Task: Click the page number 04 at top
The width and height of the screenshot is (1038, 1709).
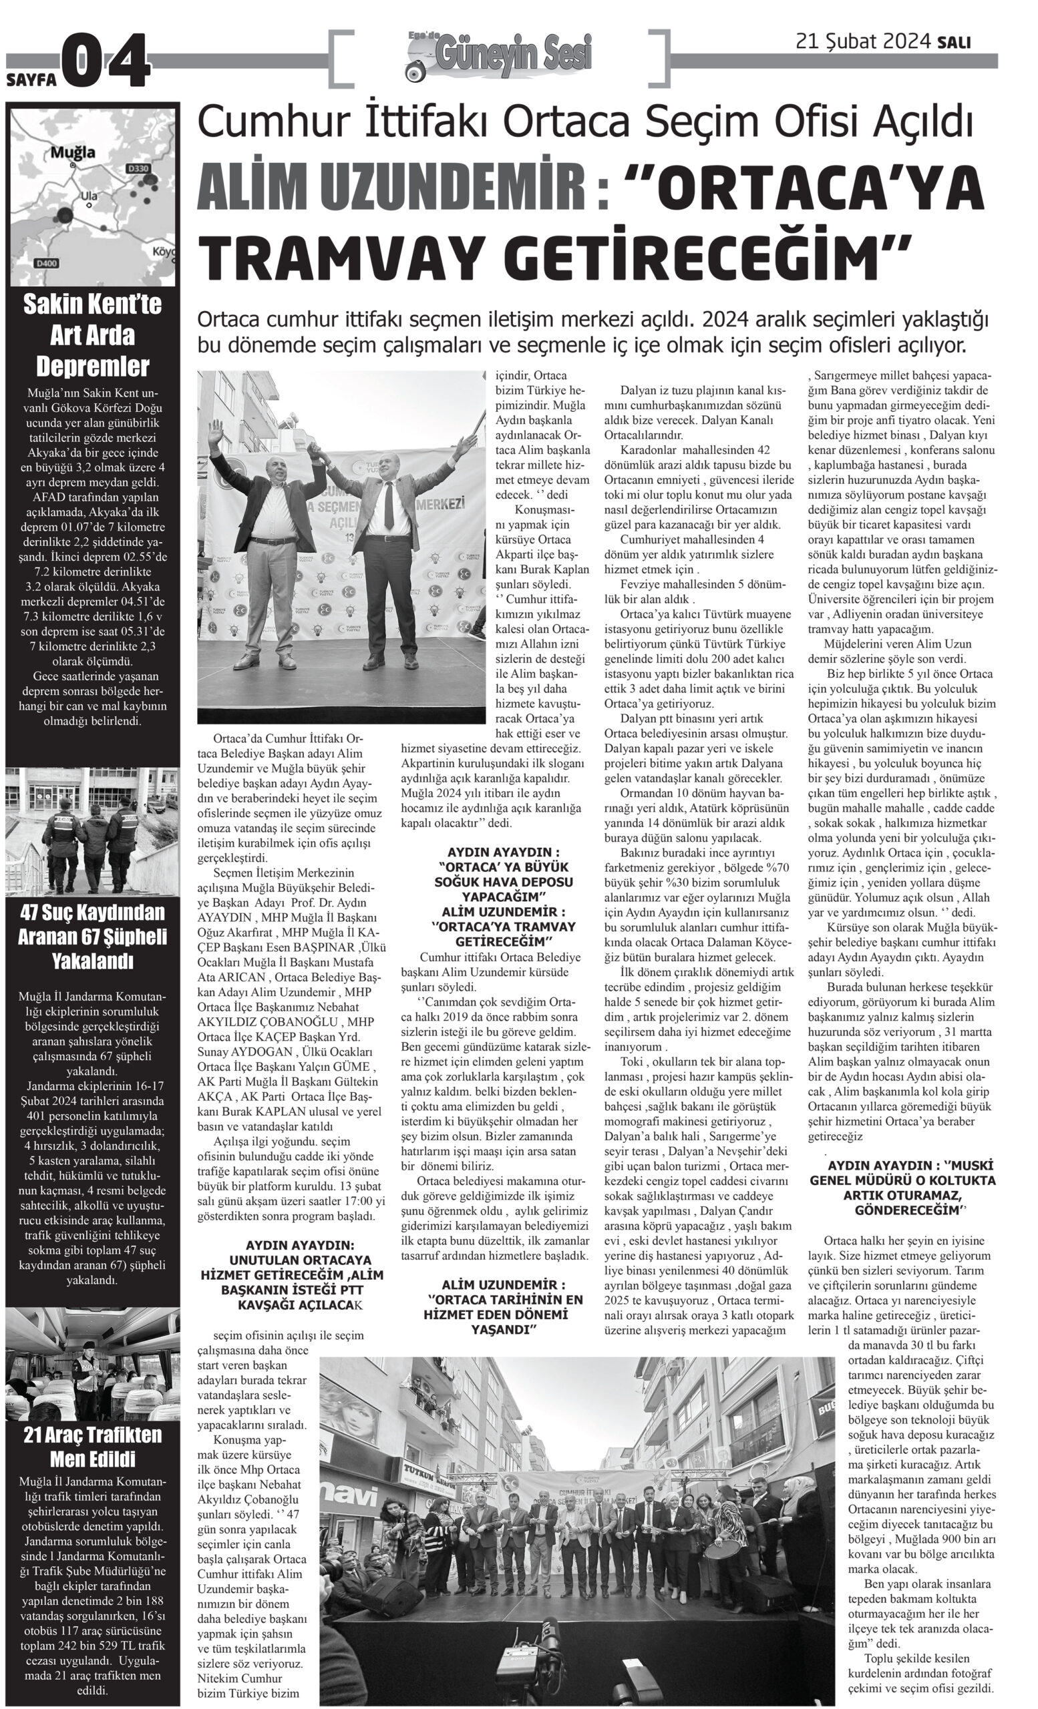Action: coord(106,61)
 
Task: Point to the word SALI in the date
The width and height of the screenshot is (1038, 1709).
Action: coord(954,43)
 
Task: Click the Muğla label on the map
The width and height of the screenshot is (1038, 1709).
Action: coord(73,153)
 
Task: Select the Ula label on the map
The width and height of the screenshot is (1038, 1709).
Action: coord(90,196)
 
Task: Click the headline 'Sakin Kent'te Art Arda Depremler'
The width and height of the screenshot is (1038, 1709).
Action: coord(92,335)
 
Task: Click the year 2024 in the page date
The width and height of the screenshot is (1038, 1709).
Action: coord(906,41)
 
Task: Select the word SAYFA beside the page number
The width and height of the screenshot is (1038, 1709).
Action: coord(31,79)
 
